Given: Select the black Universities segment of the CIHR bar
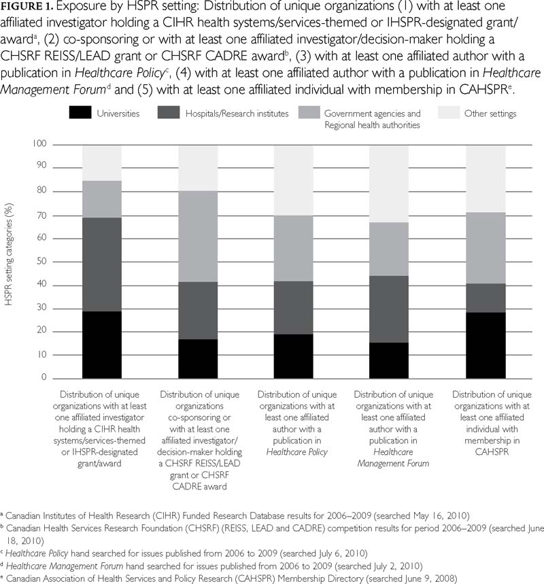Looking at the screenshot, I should (x=102, y=344).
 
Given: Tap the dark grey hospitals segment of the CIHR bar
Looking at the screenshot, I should (x=102, y=264).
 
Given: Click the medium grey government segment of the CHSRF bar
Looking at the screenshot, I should (x=198, y=237).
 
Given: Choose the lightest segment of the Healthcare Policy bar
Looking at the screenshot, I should (x=294, y=180).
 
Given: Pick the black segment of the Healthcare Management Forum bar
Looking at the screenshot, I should (x=389, y=360).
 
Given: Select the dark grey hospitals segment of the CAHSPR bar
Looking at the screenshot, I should (x=485, y=298).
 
